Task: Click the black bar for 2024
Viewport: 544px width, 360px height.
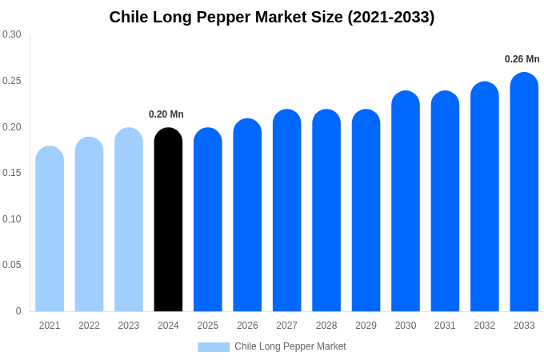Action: coord(168,220)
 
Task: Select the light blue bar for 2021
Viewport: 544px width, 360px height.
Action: coord(50,229)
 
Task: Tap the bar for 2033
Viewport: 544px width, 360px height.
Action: coord(524,192)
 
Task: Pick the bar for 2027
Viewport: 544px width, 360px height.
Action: coord(287,210)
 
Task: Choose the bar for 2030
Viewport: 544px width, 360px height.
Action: coord(406,202)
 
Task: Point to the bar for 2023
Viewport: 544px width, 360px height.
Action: coord(129,220)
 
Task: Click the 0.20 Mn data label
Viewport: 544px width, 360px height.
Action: coord(166,114)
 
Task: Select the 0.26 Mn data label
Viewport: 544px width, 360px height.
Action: coord(522,59)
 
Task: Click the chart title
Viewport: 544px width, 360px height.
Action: coord(272,17)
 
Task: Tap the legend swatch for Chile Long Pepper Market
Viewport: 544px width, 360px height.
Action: coord(214,347)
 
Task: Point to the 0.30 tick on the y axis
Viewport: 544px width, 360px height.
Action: coord(12,34)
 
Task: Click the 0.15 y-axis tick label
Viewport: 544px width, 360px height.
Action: coord(12,173)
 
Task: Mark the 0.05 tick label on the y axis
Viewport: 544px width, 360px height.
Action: coord(12,265)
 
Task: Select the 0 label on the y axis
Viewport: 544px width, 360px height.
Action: coord(18,311)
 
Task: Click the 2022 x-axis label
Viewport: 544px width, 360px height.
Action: coord(89,326)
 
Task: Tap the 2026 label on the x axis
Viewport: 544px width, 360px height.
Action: coord(247,326)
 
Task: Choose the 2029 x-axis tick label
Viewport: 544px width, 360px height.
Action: coord(366,326)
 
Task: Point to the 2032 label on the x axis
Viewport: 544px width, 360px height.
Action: coord(484,326)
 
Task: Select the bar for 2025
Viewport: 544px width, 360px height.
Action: coord(208,220)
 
